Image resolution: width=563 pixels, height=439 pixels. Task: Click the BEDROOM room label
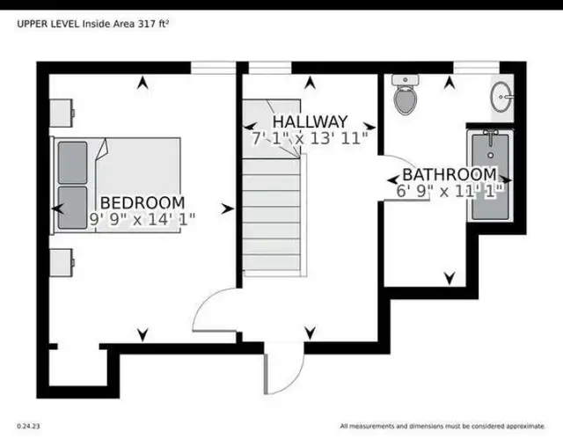tap(143, 203)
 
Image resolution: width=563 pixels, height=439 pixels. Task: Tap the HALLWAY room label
tap(310, 121)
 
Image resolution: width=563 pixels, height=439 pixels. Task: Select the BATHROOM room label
tap(450, 175)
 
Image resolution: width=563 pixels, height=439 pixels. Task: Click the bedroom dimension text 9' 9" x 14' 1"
tap(143, 219)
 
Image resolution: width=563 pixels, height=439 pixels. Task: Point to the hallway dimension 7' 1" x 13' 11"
tap(310, 138)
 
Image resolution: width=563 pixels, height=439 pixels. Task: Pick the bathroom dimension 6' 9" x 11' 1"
tap(450, 191)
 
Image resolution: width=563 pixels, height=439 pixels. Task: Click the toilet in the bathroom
tap(406, 95)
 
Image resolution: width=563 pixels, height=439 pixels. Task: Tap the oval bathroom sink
tap(501, 97)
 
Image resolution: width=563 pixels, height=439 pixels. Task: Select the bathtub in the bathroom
tap(490, 176)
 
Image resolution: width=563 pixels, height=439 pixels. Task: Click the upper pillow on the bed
tap(72, 163)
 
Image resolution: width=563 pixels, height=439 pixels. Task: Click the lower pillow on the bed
tap(72, 207)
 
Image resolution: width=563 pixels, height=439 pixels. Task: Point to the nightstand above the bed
tap(62, 113)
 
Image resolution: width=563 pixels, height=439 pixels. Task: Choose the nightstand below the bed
tap(62, 263)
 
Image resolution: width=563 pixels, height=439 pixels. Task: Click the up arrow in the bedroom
tap(143, 83)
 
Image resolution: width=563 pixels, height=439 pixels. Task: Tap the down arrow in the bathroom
tap(450, 278)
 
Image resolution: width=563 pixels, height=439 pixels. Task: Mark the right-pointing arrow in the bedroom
tap(228, 209)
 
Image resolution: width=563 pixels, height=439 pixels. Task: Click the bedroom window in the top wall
tap(213, 68)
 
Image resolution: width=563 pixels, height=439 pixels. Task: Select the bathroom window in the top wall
tap(477, 68)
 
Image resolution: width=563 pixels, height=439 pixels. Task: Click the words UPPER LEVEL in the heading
tap(48, 24)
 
